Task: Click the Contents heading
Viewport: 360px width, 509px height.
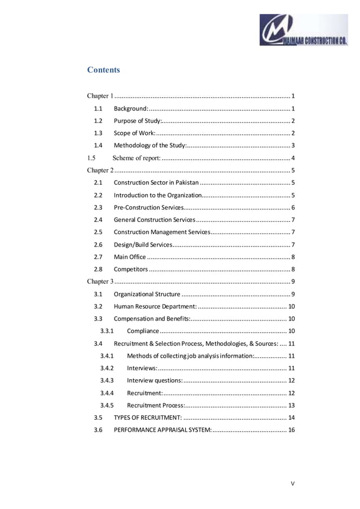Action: (x=103, y=70)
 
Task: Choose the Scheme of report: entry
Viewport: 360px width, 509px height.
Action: (x=137, y=157)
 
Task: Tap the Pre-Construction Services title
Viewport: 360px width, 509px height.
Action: (x=148, y=207)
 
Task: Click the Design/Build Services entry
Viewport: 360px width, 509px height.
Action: (x=143, y=244)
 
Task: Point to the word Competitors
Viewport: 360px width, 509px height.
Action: (x=131, y=269)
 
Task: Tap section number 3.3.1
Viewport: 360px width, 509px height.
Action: (x=107, y=331)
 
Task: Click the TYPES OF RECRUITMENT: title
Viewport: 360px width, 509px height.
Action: (x=148, y=418)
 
